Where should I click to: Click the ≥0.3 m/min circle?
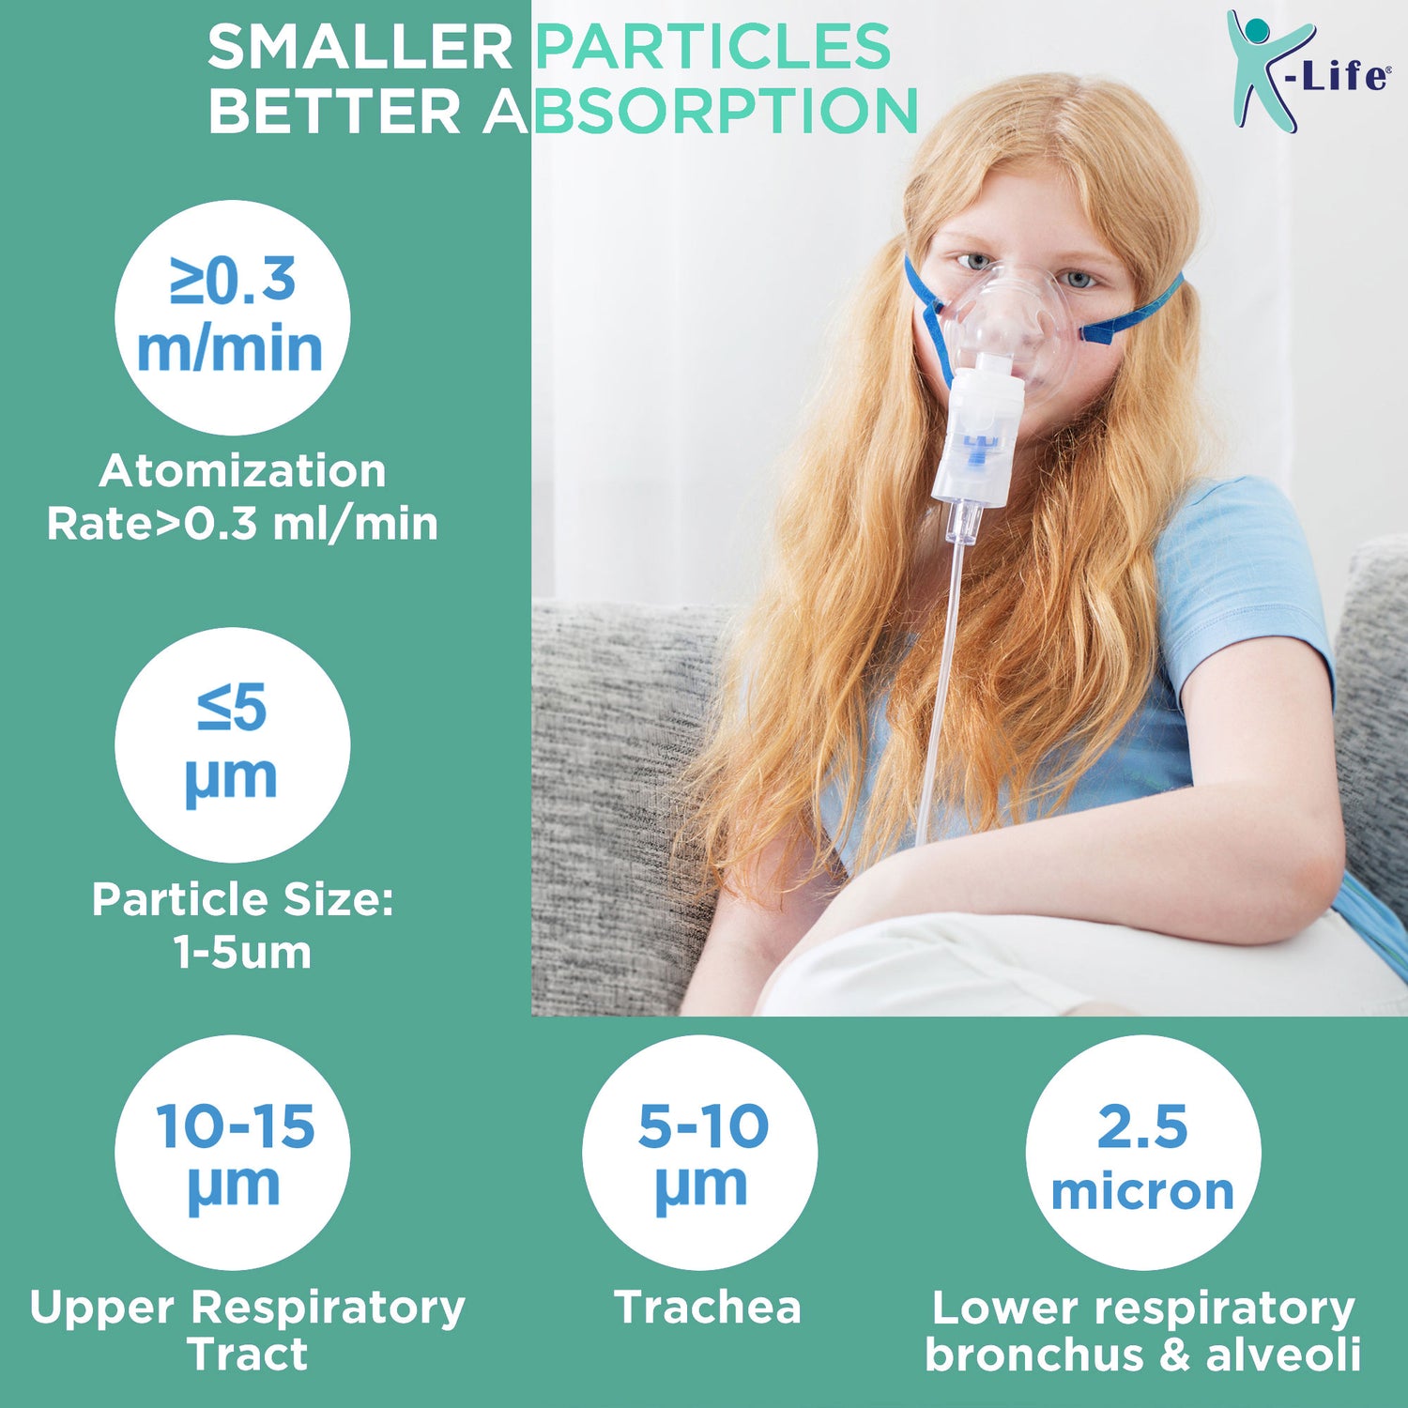point(232,317)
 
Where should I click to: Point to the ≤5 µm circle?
point(232,744)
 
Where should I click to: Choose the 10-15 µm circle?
point(232,1152)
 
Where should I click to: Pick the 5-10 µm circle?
point(699,1152)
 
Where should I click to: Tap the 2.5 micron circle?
point(1142,1152)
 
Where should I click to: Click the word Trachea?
point(707,1307)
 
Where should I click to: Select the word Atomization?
point(242,470)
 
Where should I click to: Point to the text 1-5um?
point(242,952)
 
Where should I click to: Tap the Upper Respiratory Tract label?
point(247,1329)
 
